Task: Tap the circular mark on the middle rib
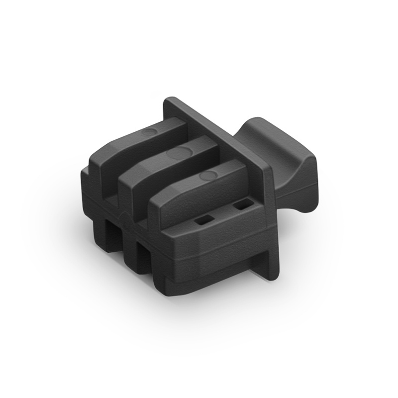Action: click(178, 153)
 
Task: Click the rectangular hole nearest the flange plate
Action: click(242, 204)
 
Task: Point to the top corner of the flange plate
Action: click(169, 100)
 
